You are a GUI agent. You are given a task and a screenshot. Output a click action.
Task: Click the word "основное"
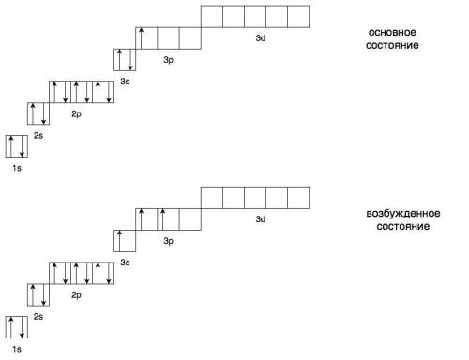coord(392,32)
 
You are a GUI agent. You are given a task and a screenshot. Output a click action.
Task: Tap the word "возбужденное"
coord(403,214)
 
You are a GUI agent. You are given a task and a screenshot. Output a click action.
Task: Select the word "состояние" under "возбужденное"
coord(402,226)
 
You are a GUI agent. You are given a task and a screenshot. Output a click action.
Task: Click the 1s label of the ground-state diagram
coord(17,168)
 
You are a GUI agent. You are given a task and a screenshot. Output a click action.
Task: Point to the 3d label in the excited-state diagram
coord(261,219)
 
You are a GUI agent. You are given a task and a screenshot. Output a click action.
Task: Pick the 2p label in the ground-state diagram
coord(76,114)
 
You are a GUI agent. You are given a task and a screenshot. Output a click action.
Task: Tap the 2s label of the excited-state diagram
coord(38,317)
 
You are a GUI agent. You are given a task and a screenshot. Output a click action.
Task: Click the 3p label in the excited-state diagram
coord(168,241)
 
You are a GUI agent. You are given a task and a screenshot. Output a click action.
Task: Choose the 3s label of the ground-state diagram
coord(125,82)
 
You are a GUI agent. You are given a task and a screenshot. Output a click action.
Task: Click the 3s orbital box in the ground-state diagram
coord(125,60)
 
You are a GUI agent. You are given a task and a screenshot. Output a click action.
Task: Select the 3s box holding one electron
coord(125,241)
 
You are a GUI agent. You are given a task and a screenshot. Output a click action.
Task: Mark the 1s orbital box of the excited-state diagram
coord(17,327)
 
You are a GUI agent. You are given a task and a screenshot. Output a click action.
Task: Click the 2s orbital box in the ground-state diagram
coord(38,113)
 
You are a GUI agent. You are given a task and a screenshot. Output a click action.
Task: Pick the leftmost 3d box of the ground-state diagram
coord(212,17)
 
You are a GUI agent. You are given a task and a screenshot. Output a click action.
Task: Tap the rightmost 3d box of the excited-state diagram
coord(298,198)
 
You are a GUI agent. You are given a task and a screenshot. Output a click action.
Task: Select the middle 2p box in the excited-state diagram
coord(82,273)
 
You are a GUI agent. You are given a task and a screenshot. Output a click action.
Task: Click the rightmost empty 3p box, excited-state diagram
coord(190,219)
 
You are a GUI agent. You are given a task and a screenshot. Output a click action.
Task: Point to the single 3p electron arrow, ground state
coord(141,38)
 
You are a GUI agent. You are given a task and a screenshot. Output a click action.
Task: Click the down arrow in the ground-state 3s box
coord(130,60)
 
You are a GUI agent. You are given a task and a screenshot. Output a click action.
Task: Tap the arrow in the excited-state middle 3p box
coord(162,219)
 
